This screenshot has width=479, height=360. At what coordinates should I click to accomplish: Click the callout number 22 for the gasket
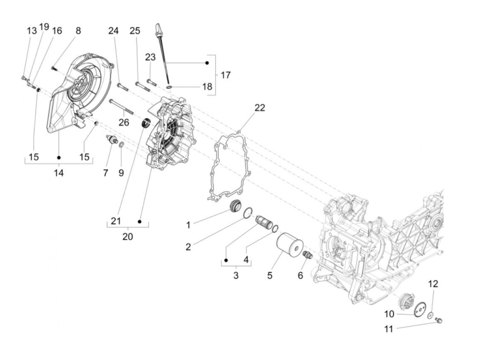(260, 107)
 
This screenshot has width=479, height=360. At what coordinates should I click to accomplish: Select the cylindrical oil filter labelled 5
(289, 245)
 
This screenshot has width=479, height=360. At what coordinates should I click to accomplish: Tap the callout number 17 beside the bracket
(225, 75)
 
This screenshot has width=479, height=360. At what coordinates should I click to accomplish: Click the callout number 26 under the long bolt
(124, 122)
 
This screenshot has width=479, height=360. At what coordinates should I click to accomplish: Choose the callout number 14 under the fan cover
(59, 173)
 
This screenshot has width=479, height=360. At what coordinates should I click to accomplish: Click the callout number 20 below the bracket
(128, 236)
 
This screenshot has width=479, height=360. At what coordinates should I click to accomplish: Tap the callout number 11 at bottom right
(389, 329)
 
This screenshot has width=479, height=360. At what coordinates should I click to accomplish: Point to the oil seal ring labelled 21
(146, 122)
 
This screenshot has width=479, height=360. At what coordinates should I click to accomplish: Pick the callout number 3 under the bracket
(236, 275)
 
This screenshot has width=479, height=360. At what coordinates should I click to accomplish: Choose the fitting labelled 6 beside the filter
(307, 255)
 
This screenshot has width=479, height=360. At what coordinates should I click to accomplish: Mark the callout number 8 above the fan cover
(78, 30)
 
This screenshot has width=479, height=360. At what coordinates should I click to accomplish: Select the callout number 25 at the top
(135, 30)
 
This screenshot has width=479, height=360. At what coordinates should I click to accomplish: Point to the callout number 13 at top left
(32, 30)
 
